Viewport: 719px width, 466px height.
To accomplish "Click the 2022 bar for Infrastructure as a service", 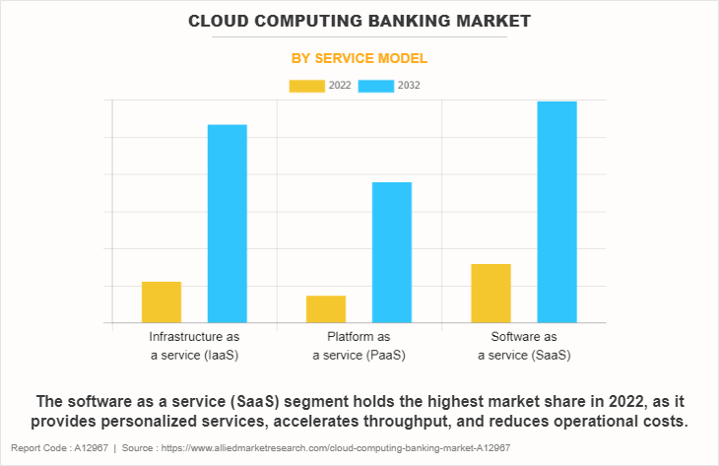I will (x=162, y=302).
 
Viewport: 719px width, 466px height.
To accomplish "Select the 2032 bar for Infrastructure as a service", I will (x=228, y=224).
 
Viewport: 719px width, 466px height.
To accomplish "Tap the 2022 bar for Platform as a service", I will (x=326, y=309).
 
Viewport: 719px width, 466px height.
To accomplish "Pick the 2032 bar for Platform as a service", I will (x=392, y=252).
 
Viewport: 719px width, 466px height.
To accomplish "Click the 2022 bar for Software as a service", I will (x=490, y=294).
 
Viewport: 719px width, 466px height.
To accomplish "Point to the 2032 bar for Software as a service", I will (x=556, y=212).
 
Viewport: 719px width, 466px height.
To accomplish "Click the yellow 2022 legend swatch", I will (x=306, y=86).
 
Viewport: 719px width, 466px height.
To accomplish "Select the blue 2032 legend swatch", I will (x=376, y=86).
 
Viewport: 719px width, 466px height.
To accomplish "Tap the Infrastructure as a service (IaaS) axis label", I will (x=194, y=346).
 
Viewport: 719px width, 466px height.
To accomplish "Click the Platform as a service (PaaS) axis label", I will (x=359, y=346).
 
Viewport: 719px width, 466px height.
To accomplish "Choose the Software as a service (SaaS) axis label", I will (x=524, y=346).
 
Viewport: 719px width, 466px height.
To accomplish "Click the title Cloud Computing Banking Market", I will (x=359, y=20).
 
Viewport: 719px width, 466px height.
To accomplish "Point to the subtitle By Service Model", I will (x=359, y=59).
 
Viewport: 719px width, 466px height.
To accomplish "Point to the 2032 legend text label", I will (x=409, y=86).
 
